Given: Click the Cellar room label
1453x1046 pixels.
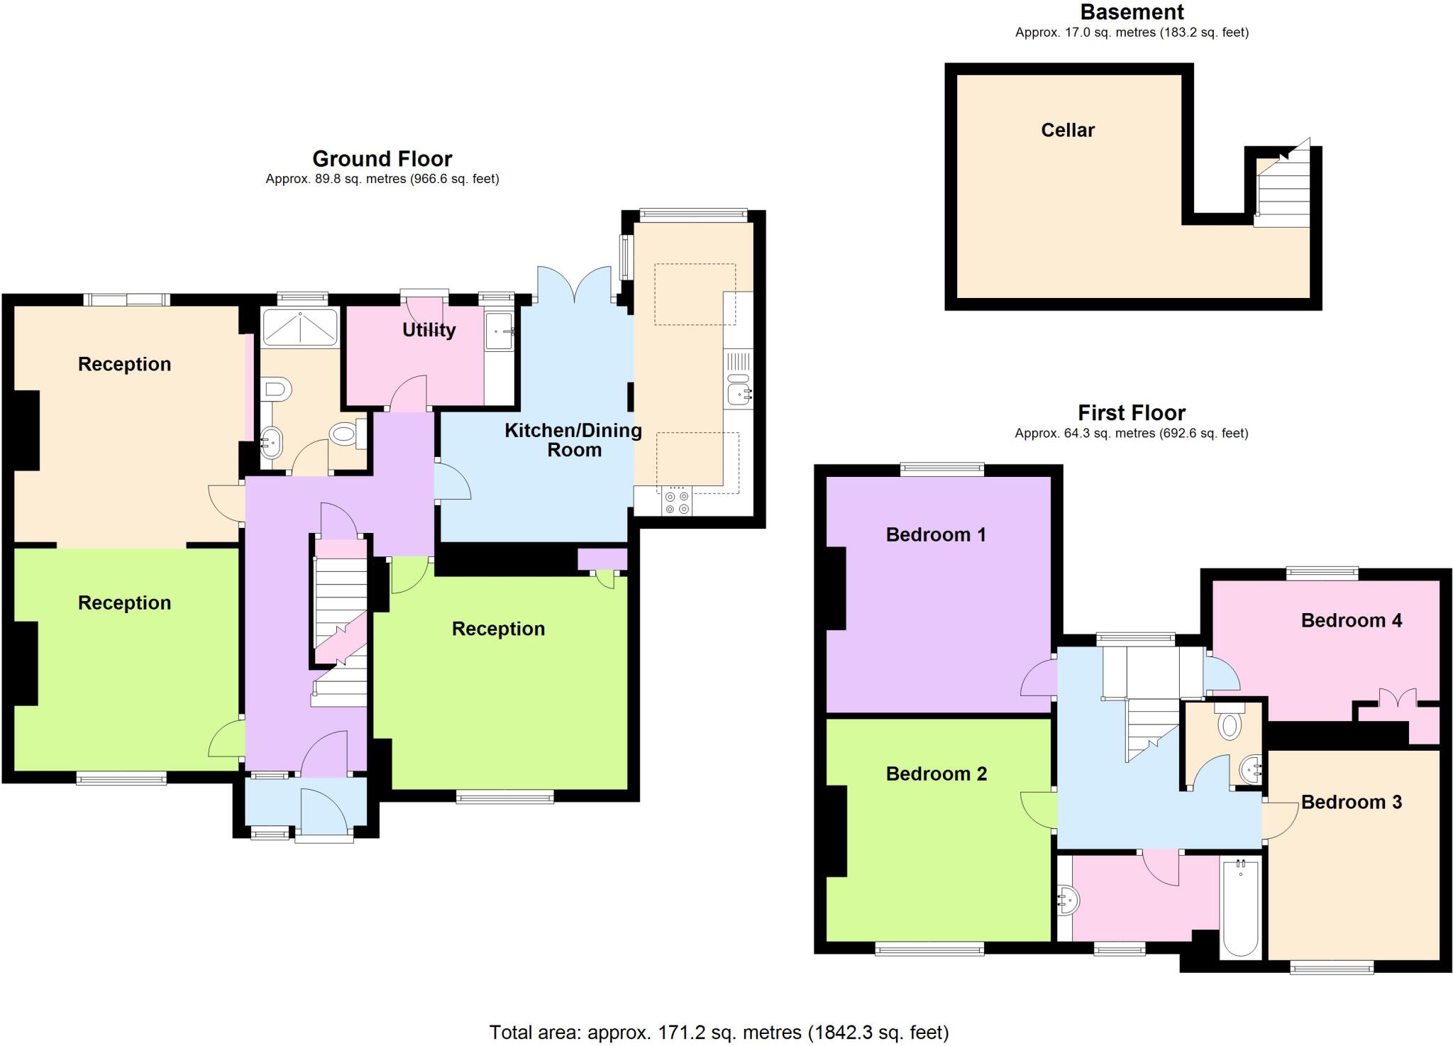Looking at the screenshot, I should tap(1067, 130).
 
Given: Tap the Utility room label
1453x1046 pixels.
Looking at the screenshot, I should tap(429, 330).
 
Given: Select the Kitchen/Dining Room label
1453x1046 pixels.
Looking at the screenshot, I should tap(573, 440).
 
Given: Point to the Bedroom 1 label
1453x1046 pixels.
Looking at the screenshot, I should tap(936, 534).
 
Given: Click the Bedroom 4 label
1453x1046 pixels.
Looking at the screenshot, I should tap(1351, 620).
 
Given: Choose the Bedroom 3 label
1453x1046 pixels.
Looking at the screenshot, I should tap(1351, 802).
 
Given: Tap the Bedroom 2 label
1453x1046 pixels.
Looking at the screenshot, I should tap(936, 774).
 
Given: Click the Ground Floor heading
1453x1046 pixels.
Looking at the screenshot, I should tap(382, 158).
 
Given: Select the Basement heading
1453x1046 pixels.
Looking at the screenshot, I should tap(1132, 12).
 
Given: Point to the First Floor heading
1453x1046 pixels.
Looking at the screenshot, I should tap(1131, 412).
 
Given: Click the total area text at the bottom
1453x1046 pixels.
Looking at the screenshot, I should tap(719, 1032).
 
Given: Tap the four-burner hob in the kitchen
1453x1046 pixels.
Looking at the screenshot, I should tap(676, 502).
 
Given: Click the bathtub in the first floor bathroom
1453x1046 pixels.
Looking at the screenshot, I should tap(1240, 908).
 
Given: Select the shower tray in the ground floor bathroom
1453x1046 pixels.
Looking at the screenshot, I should tap(300, 327).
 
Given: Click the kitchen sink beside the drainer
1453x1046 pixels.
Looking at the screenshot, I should tap(739, 392).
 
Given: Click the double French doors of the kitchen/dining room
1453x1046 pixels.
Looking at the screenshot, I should tap(575, 285).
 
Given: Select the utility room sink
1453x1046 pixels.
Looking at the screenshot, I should tap(499, 331).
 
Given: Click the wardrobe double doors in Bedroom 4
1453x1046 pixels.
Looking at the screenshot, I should tap(1397, 698).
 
